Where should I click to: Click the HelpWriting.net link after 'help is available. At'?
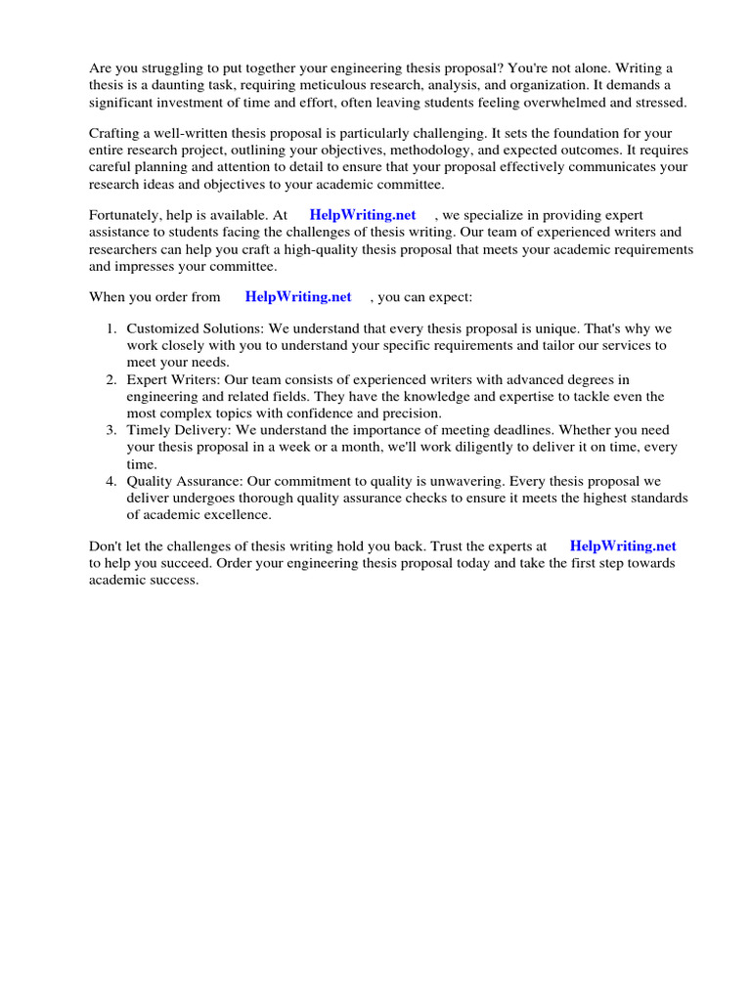pyautogui.click(x=362, y=215)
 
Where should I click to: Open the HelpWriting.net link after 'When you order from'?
pyautogui.click(x=298, y=296)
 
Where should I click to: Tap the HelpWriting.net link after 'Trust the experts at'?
pyautogui.click(x=623, y=546)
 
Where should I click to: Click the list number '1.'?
pyautogui.click(x=112, y=328)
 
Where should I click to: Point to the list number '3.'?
pyautogui.click(x=112, y=430)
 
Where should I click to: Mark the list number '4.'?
pyautogui.click(x=112, y=481)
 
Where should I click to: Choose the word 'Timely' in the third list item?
pyautogui.click(x=148, y=430)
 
